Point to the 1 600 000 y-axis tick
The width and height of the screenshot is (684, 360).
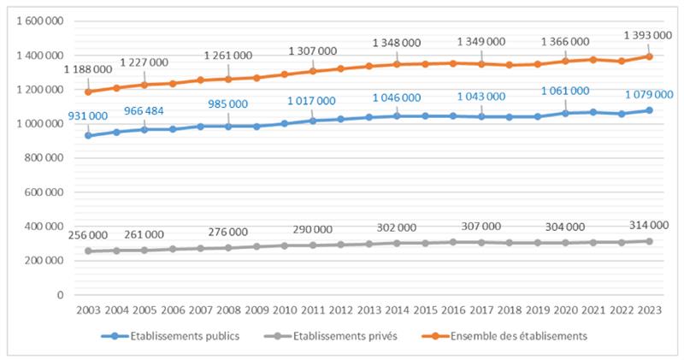pos(38,21)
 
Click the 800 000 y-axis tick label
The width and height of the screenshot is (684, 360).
pos(44,158)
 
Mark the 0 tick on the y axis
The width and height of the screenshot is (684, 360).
pos(61,295)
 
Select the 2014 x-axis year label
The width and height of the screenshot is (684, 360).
pos(397,310)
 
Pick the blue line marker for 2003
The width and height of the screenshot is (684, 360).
pos(88,135)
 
